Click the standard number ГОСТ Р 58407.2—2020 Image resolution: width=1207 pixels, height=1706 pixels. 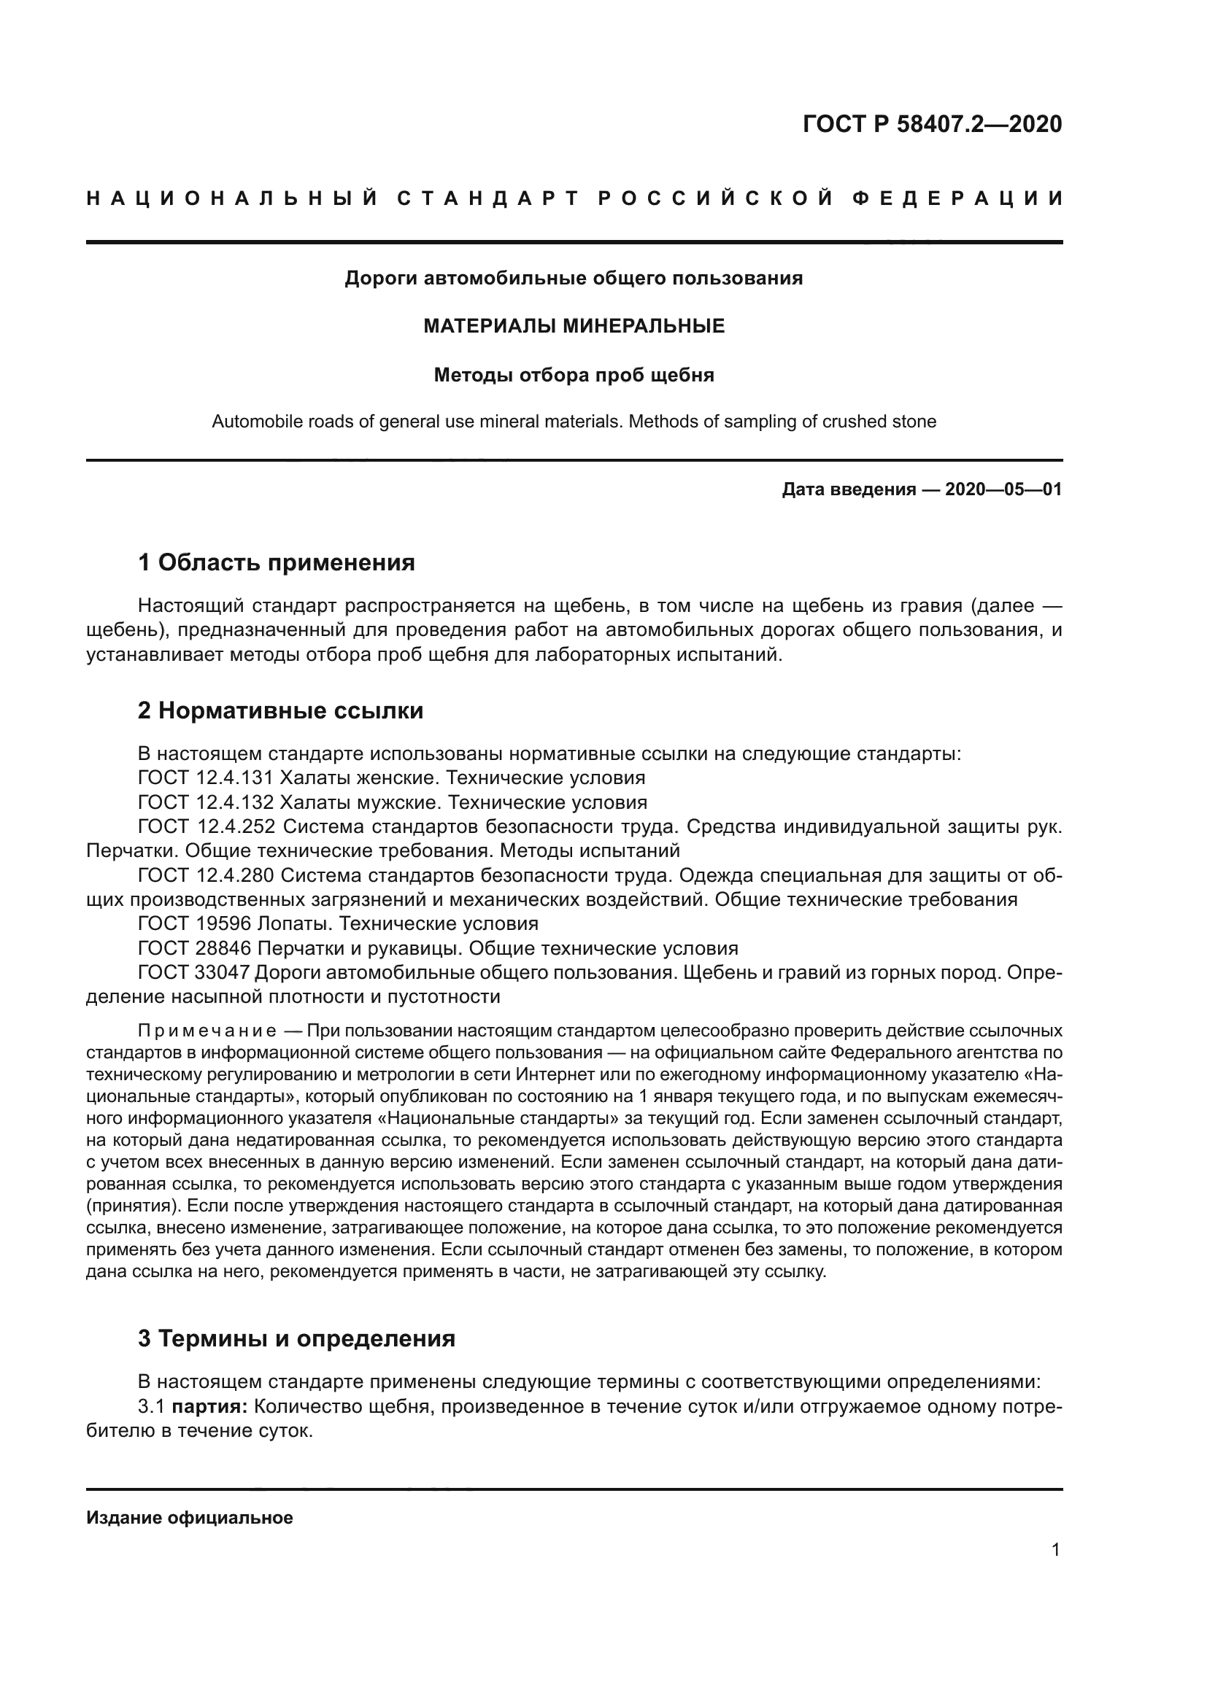932,124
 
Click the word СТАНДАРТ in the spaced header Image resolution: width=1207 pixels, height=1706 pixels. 487,198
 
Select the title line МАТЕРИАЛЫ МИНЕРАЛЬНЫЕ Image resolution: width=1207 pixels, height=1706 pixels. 574,326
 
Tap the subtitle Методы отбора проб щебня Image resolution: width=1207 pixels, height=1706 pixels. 574,375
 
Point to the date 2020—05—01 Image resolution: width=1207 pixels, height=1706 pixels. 1003,489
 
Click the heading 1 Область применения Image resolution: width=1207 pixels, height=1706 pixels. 277,562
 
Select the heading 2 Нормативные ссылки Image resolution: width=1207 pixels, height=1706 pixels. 280,710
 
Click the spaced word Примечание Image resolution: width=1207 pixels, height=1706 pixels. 207,1031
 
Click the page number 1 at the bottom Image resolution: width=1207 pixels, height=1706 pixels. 1056,1550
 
